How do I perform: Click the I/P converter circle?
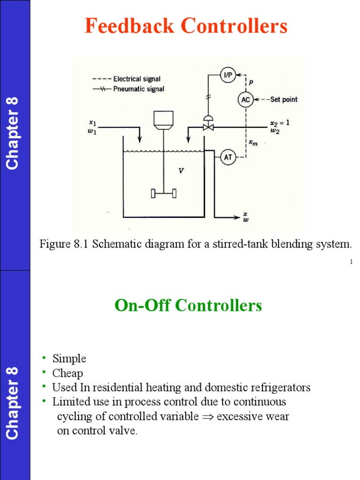[x=228, y=75]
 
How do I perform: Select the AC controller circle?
[x=245, y=99]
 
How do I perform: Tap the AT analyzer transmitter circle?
[x=228, y=158]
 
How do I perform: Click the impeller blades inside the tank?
[x=164, y=193]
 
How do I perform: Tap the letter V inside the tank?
[x=180, y=171]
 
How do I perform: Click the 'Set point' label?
[x=284, y=99]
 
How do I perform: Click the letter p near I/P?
[x=251, y=81]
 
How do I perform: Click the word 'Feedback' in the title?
[x=130, y=26]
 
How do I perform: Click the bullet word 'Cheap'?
[x=67, y=373]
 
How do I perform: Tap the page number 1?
[x=351, y=261]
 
